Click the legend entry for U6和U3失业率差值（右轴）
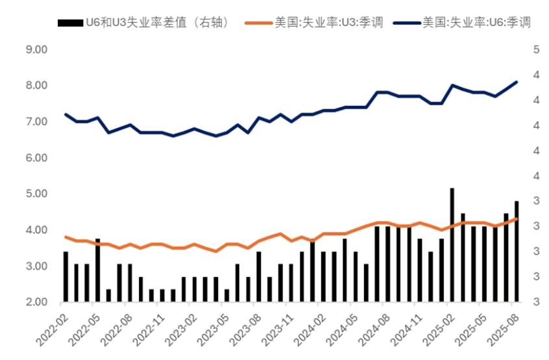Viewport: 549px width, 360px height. (143, 22)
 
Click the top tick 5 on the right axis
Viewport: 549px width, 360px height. (536, 49)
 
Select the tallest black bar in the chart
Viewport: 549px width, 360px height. (452, 245)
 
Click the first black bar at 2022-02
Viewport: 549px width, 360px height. (66, 277)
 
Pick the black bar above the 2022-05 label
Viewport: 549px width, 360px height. (97, 270)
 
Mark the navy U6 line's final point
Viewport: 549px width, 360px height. (517, 82)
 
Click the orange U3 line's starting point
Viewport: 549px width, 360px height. (66, 237)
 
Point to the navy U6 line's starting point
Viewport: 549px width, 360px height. (66, 114)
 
